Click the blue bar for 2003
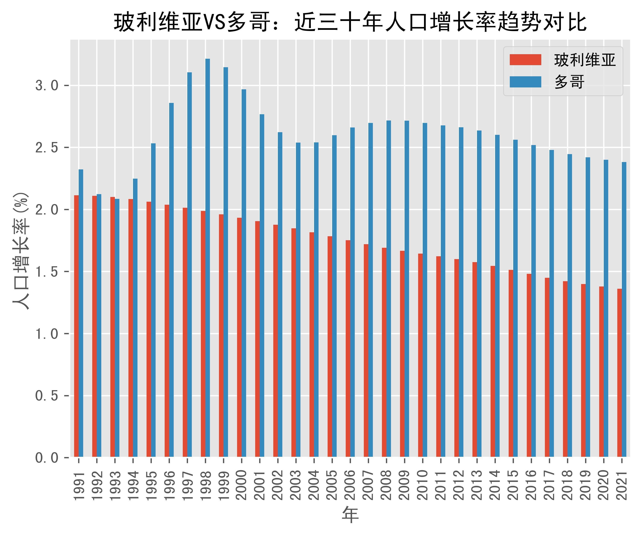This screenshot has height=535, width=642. click(298, 300)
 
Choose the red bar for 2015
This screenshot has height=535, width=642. click(511, 363)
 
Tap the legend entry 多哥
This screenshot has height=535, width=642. click(569, 82)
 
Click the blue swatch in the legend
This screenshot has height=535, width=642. click(525, 82)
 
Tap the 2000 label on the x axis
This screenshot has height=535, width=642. click(242, 485)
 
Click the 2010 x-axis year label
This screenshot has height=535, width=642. click(422, 485)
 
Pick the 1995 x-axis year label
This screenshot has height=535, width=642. click(151, 485)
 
